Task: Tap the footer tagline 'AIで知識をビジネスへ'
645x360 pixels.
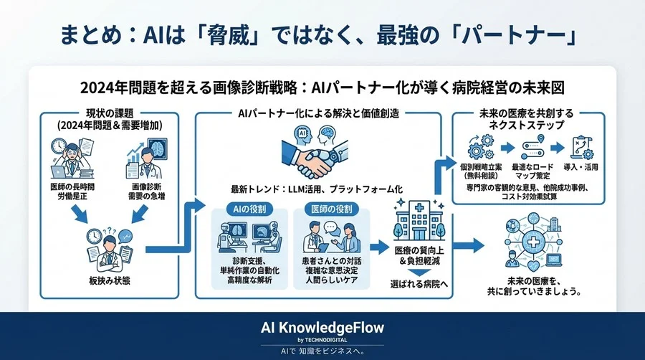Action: pos(322,351)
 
